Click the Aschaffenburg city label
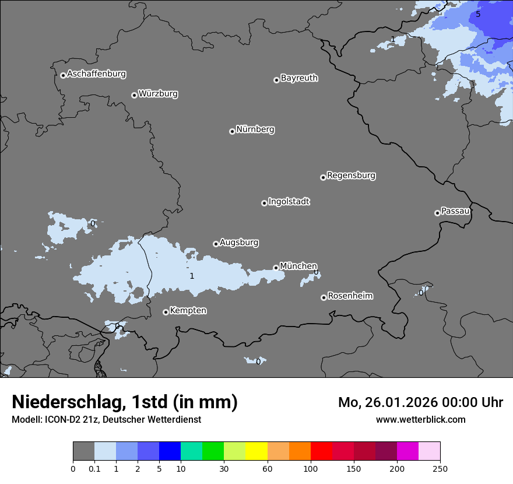(96, 74)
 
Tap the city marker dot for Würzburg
(134, 95)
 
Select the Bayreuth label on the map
(299, 78)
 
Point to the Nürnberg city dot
(232, 131)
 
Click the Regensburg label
(351, 176)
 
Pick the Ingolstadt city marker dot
(264, 203)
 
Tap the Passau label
(455, 211)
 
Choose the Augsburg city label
(239, 243)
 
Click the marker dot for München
(276, 268)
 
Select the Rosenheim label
(350, 296)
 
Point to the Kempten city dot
(166, 312)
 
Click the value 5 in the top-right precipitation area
(478, 14)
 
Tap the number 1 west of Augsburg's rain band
(192, 276)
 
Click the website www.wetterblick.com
(420, 419)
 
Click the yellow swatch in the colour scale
(256, 451)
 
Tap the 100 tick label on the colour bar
(311, 468)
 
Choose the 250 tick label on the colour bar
(440, 468)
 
